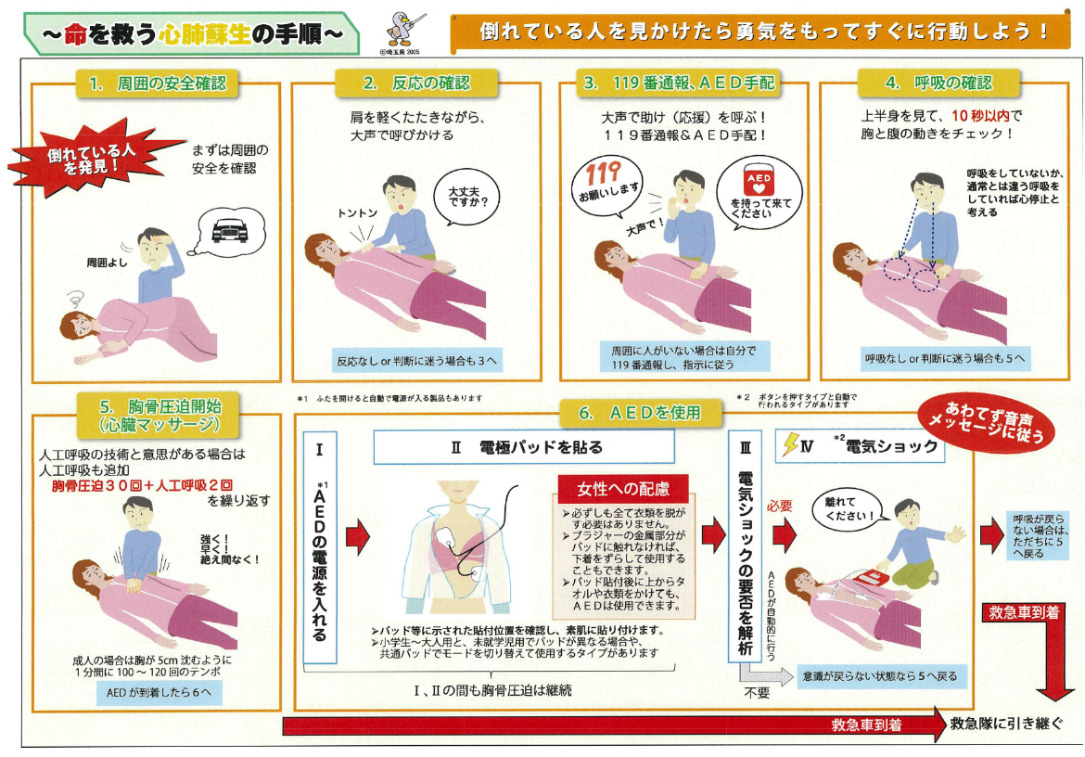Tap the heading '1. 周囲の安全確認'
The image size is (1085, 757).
click(x=157, y=83)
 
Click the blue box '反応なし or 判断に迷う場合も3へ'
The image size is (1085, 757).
click(x=415, y=360)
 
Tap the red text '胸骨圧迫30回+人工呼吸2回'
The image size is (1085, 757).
click(x=142, y=485)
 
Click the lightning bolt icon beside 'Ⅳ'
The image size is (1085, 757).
click(x=789, y=446)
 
